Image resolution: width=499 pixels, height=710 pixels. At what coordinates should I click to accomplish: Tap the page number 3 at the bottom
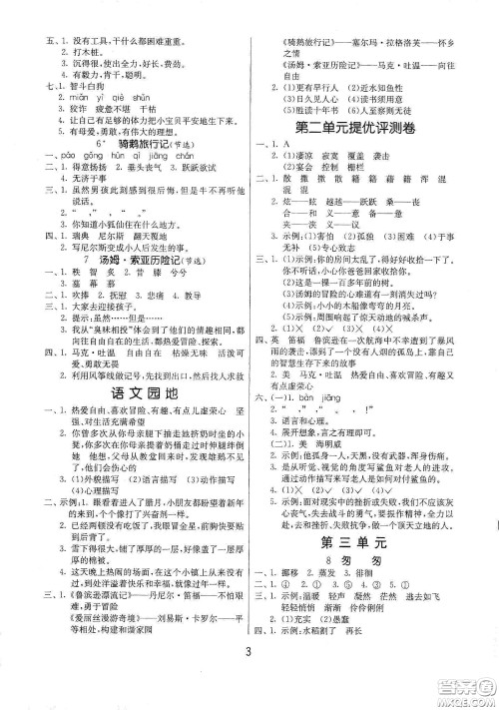tap(249, 683)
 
